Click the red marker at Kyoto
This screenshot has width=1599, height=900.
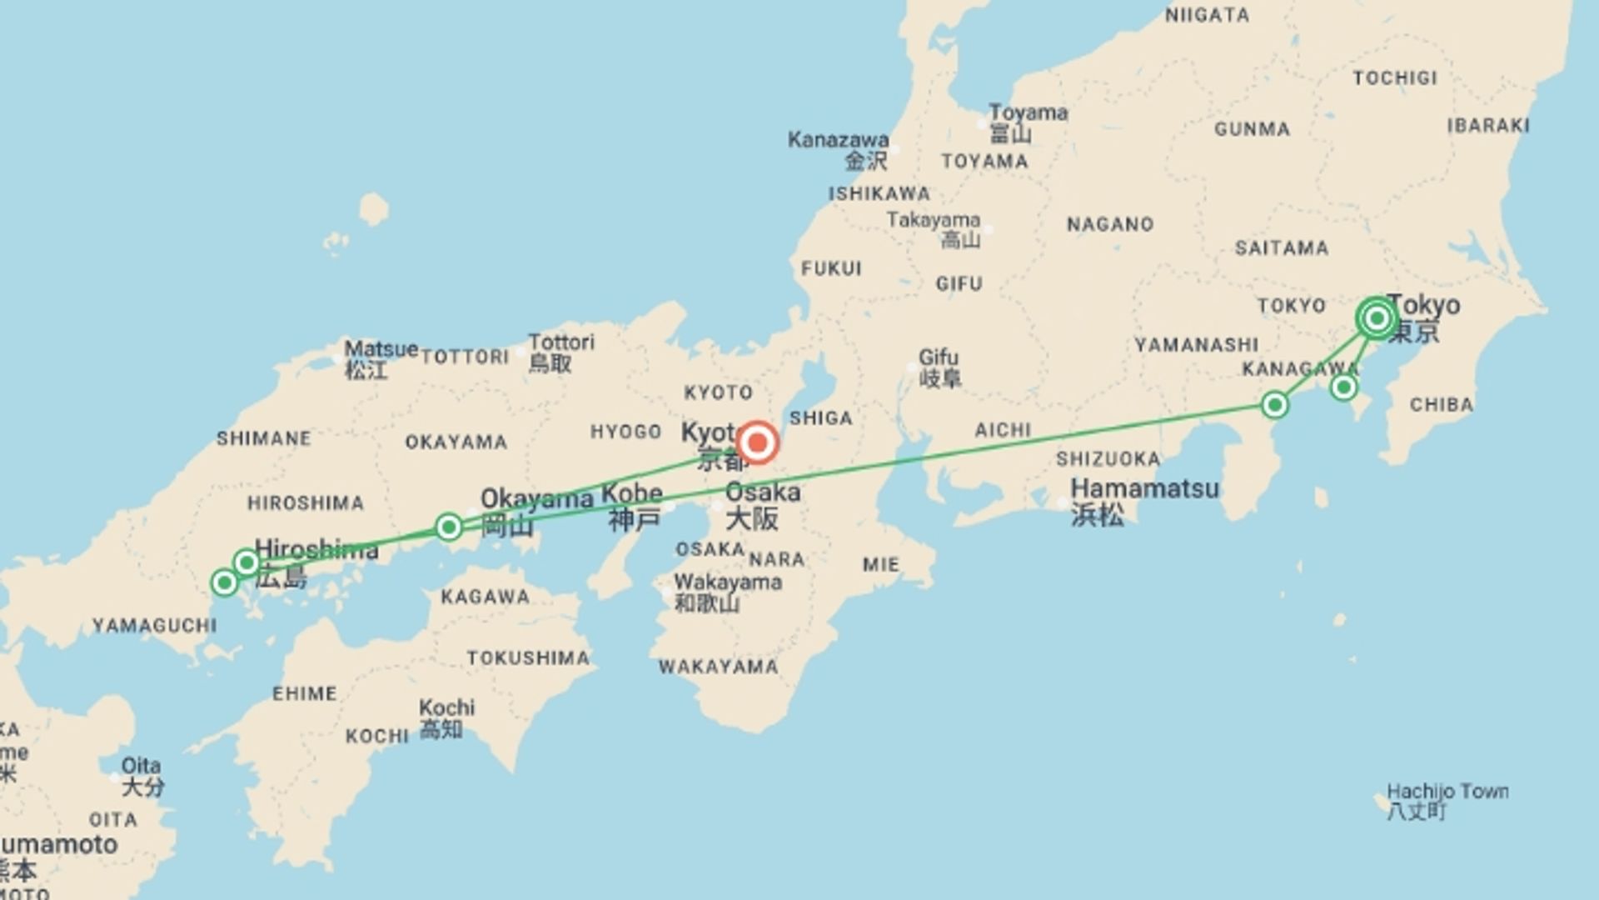coord(757,442)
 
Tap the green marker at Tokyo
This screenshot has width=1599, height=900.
coord(1376,318)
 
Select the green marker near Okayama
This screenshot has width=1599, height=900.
coord(449,527)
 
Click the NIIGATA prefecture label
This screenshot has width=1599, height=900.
coord(1207,15)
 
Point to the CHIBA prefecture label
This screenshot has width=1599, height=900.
coord(1441,405)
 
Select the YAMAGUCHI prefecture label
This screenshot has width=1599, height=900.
coord(154,626)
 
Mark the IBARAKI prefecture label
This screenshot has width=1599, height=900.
coord(1487,126)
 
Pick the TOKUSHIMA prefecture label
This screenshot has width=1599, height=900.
coord(528,658)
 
